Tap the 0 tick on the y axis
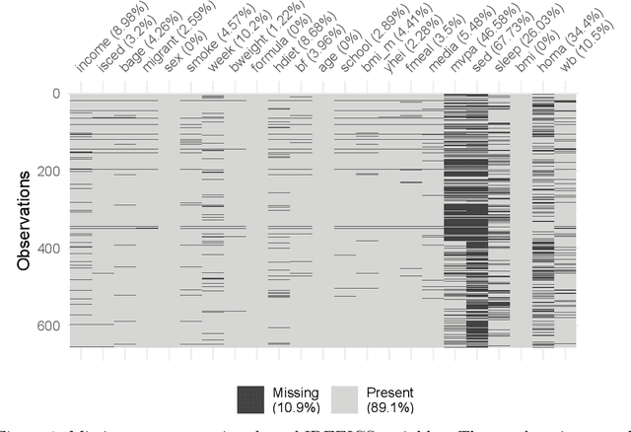[55, 93]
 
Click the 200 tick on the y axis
[48, 171]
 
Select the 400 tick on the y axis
[48, 248]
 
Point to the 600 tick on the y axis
[48, 325]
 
